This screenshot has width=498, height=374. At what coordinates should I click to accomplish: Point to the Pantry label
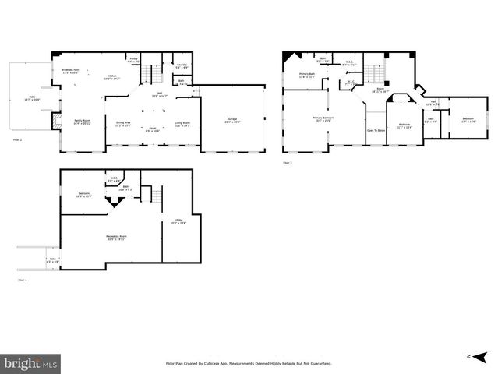tap(133, 59)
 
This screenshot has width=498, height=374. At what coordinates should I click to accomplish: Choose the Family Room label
tap(81, 122)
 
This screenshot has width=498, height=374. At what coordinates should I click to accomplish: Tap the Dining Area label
tap(123, 123)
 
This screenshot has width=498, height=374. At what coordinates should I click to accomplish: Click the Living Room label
tap(182, 123)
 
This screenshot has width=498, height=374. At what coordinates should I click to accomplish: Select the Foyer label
tap(153, 130)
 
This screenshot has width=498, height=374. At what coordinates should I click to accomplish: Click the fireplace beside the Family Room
tap(56, 119)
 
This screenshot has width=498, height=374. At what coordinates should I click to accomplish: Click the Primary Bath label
tap(307, 76)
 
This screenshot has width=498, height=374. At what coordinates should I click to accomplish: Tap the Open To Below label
tap(376, 130)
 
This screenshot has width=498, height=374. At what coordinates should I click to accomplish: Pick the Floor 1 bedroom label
tap(84, 195)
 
